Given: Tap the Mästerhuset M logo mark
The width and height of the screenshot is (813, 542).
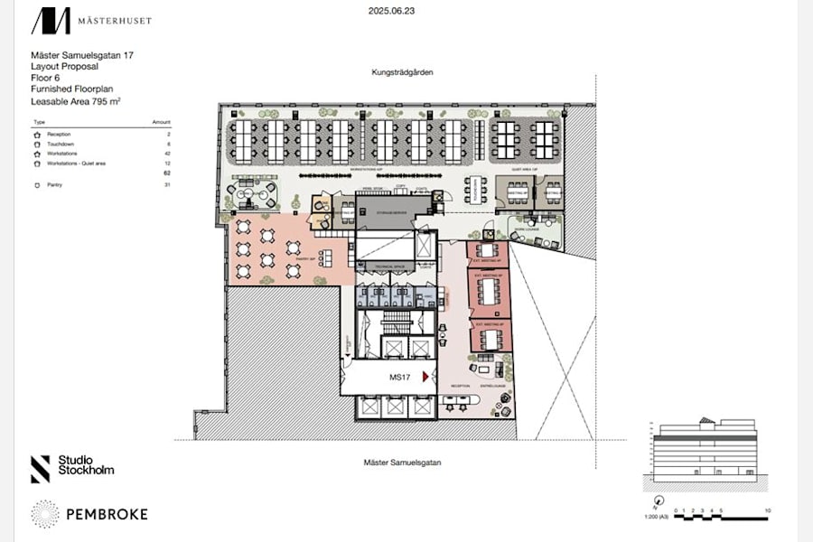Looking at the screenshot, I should click(x=51, y=21).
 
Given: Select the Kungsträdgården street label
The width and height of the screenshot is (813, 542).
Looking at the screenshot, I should click(x=404, y=71).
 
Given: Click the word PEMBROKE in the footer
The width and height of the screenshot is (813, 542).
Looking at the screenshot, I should click(x=107, y=514).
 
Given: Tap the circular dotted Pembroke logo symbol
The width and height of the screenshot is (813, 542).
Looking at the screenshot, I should click(x=45, y=514).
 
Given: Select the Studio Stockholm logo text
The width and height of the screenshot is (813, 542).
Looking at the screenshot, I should click(x=86, y=465).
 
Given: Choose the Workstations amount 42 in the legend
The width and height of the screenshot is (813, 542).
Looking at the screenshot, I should click(x=167, y=154).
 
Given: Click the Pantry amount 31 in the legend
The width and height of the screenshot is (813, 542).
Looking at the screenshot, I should click(x=167, y=184).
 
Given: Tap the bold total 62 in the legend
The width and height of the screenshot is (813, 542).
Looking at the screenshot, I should click(x=167, y=173).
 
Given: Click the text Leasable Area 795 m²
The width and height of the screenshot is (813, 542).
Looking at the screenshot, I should click(x=76, y=102).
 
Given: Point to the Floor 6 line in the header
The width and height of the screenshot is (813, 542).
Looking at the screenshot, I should click(x=46, y=79).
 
